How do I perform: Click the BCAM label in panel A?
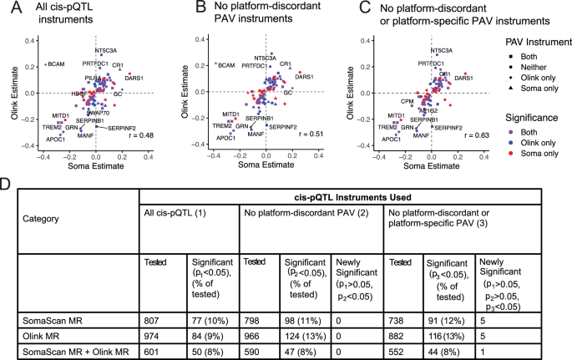click(x=56, y=64)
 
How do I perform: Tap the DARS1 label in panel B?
click(x=304, y=77)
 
